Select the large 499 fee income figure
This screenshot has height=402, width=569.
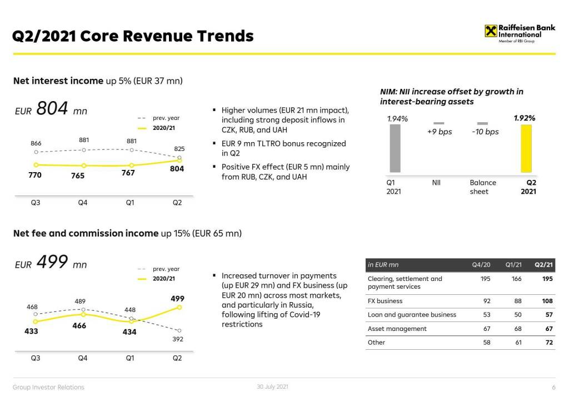coord(52,262)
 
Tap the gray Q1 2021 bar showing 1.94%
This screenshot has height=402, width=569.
coord(395,148)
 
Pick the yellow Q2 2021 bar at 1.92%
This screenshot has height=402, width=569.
coord(526,148)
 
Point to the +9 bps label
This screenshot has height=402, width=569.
coord(439,132)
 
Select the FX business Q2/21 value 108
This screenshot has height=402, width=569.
coord(547,301)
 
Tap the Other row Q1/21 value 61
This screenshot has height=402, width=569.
coord(517,343)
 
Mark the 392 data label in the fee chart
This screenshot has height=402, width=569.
coord(177,339)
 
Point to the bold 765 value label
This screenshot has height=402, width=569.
coord(78,175)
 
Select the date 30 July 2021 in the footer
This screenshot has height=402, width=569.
coord(272,386)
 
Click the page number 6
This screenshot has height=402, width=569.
coord(553,387)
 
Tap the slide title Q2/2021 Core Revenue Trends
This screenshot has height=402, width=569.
coord(133,36)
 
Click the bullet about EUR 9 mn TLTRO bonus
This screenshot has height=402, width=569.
coord(283,148)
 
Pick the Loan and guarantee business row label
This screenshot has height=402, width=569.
coord(412,315)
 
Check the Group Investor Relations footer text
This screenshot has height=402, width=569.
coord(49,387)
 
